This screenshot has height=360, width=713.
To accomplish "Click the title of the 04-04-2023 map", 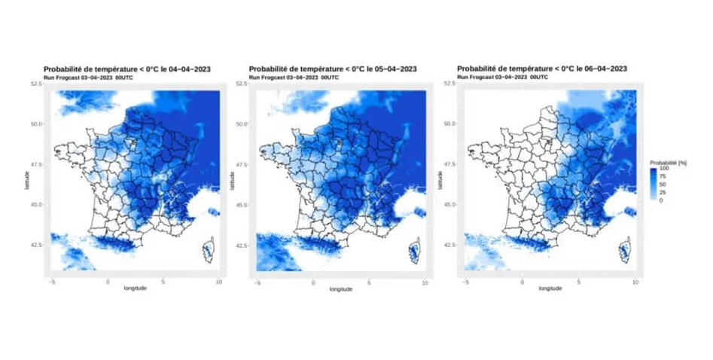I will (x=127, y=69).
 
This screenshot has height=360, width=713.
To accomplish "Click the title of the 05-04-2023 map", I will (x=334, y=69).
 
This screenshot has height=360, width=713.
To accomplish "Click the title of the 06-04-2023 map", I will (x=542, y=69).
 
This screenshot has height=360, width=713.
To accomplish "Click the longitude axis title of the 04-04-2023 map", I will (x=136, y=288).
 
